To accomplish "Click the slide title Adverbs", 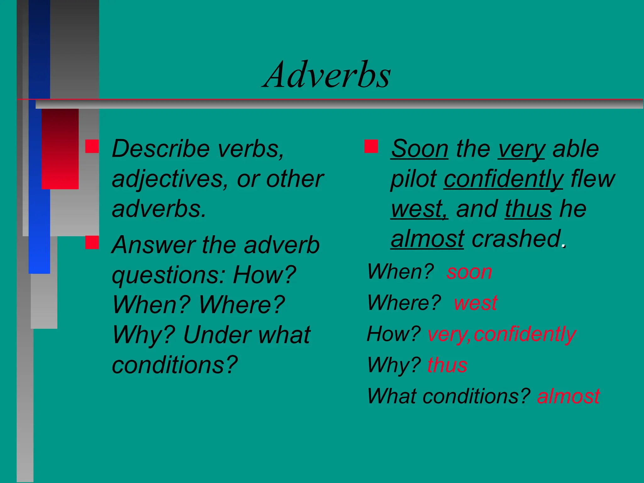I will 327,75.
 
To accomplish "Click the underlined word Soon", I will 419,149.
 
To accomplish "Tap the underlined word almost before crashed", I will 427,239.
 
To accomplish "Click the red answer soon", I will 469,272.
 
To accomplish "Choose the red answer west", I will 475,303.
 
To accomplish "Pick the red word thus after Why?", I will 447,365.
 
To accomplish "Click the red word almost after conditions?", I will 569,396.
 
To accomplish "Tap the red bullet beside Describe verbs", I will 92,147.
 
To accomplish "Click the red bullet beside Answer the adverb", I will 92,242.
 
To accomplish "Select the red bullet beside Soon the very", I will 371,147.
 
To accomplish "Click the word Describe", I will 161,149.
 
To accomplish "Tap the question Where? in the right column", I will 404,303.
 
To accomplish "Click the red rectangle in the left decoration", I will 60,149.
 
